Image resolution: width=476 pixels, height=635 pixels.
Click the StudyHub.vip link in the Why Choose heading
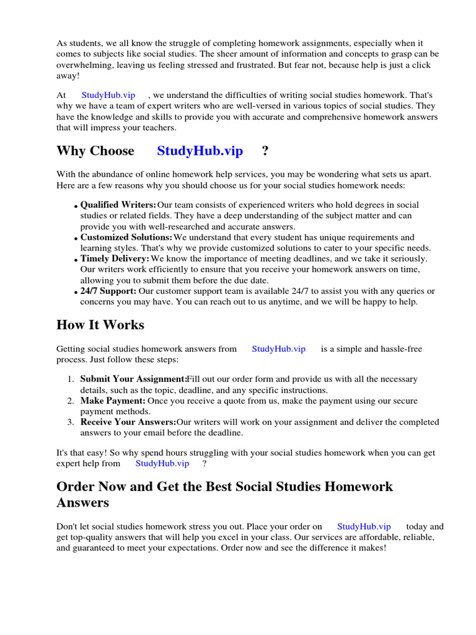(x=200, y=151)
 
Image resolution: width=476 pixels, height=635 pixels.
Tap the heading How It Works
(x=100, y=325)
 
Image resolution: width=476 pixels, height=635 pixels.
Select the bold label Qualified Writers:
(x=118, y=205)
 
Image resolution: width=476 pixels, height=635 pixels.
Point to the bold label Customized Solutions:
(x=126, y=238)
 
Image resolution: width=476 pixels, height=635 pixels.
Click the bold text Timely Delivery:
(x=115, y=259)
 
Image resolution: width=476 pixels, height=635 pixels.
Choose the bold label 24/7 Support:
(x=108, y=291)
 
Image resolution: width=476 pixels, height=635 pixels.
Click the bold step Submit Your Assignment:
(x=133, y=379)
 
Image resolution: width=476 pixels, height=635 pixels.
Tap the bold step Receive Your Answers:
(x=128, y=422)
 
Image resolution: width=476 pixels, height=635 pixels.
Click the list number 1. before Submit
(x=71, y=379)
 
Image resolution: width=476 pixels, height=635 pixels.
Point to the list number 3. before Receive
(x=71, y=422)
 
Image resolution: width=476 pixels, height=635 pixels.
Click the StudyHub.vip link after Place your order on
(x=364, y=526)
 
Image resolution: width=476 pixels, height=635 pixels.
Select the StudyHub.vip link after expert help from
(x=162, y=463)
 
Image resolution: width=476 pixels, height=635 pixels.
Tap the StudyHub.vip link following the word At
(x=108, y=95)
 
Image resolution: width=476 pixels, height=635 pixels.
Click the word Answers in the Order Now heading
(x=82, y=502)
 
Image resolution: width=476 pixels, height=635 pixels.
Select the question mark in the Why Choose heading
(x=265, y=151)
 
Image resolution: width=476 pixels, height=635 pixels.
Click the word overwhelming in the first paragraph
(x=83, y=65)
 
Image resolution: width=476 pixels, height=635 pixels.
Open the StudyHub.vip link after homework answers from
(x=278, y=349)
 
